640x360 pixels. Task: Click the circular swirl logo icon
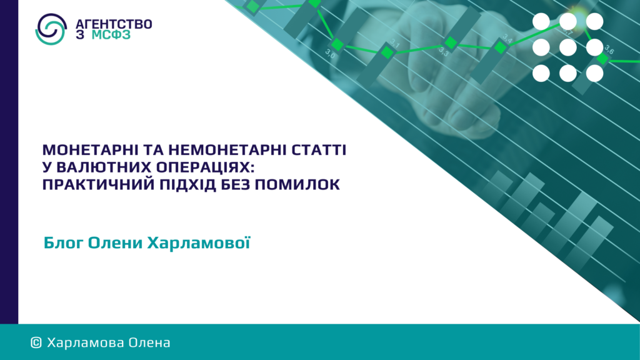(x=51, y=29)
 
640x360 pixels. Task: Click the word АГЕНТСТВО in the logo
(x=114, y=24)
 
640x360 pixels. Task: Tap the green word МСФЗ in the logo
(x=111, y=35)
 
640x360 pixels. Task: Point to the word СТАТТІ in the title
(x=319, y=150)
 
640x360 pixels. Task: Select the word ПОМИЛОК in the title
(x=297, y=184)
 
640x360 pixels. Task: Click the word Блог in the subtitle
(x=63, y=242)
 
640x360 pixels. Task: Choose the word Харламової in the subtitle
(x=198, y=242)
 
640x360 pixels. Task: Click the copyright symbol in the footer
(x=36, y=343)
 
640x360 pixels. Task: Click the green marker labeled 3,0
(x=337, y=44)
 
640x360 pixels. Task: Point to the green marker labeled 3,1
(x=387, y=52)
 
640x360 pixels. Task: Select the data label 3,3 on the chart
(x=444, y=52)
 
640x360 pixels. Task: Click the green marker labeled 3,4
(x=501, y=47)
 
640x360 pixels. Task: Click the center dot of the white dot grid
(x=567, y=47)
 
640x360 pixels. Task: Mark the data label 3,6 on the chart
(x=609, y=50)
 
